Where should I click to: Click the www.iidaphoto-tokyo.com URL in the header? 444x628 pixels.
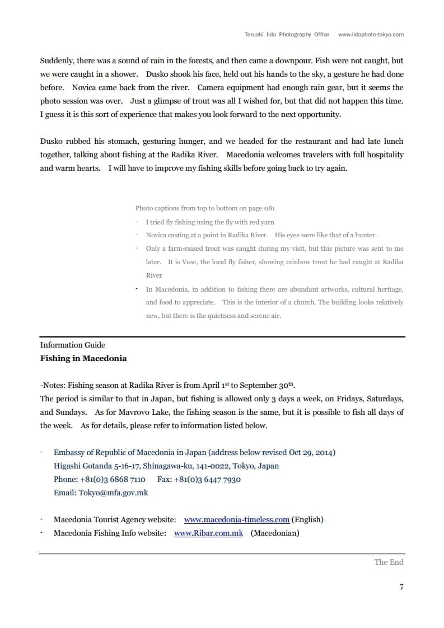coord(371,34)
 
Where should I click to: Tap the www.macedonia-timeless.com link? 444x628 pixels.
coord(236,519)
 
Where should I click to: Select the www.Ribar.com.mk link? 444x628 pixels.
coord(208,533)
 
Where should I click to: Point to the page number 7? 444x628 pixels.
coord(401,587)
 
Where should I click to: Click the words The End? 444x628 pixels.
coord(389,562)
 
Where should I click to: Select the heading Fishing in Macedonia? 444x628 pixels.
coord(83,358)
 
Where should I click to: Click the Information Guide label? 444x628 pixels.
coord(73,345)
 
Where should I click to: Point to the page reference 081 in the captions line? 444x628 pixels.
coord(269,208)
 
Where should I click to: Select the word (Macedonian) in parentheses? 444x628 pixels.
coord(275,533)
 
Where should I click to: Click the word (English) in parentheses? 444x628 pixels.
coord(307,519)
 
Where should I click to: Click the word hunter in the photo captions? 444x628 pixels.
coord(365,235)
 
